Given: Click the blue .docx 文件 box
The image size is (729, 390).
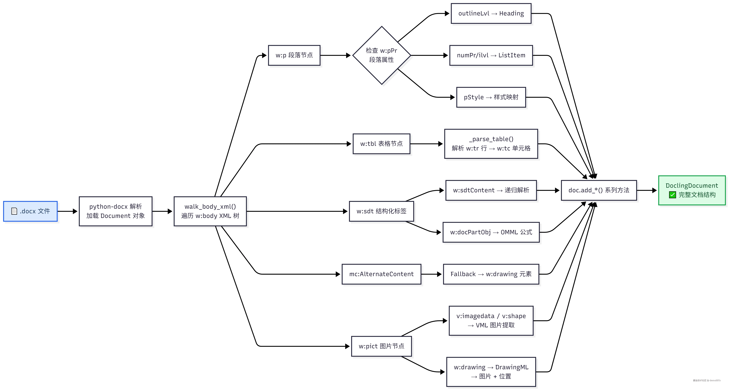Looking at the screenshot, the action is point(30,211).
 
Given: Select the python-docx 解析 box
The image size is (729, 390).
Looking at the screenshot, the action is point(115,211).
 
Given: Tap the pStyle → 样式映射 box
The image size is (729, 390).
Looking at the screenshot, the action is point(491,97).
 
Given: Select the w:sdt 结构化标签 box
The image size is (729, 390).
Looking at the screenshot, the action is point(381,211).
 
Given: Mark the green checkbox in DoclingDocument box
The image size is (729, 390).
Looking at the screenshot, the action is point(672,195).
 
